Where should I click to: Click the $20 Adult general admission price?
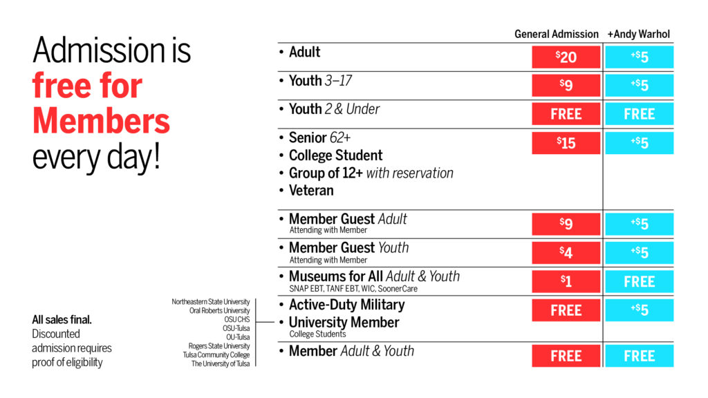(x=566, y=57)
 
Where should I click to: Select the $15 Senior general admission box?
(x=566, y=143)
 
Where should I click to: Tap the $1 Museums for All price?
(x=566, y=281)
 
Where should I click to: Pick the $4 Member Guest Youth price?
(x=566, y=252)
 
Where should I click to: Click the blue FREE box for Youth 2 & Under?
(x=639, y=114)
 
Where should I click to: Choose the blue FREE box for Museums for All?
(x=639, y=281)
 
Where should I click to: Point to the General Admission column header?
(x=556, y=34)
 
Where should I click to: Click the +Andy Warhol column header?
(x=638, y=34)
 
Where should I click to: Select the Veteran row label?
(x=311, y=190)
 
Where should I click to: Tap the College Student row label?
(x=335, y=155)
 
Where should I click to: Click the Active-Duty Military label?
(x=346, y=305)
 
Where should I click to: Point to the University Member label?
(x=344, y=323)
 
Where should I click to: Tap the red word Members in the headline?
(x=101, y=121)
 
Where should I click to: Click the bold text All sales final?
(x=62, y=320)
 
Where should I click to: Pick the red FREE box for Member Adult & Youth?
(x=566, y=356)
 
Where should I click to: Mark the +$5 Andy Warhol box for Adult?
(x=639, y=57)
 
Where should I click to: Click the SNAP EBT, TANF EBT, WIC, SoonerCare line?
(x=353, y=289)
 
